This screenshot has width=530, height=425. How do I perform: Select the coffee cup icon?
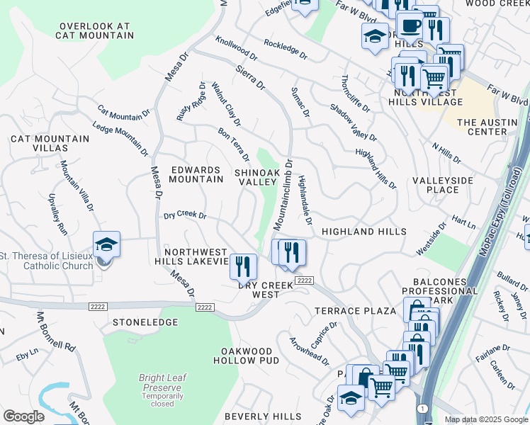(x=410, y=27)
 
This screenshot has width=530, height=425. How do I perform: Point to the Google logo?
(x=23, y=416)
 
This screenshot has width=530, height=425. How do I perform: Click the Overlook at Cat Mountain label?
(x=95, y=30)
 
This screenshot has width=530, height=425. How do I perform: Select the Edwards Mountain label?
(x=196, y=174)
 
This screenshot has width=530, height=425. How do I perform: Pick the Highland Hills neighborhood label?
(x=363, y=232)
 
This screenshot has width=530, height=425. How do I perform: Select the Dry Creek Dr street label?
(x=185, y=215)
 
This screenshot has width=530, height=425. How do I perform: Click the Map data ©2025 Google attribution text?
(x=485, y=419)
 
